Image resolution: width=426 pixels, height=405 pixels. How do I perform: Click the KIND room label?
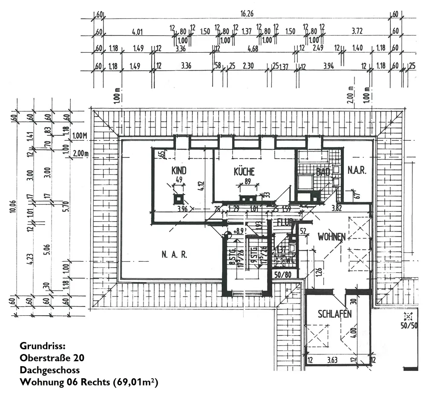coord(179,171)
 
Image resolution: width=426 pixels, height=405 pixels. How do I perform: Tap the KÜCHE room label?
coord(244,172)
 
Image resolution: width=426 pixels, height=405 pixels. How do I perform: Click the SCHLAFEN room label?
coord(335,314)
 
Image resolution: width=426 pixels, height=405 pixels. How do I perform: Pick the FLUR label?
coord(284,222)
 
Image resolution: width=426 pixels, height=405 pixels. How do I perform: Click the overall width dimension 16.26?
coord(247,14)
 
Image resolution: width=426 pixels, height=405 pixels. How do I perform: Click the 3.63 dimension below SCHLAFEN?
coord(332,361)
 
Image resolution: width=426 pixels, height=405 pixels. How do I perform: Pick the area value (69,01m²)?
coord(135,382)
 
